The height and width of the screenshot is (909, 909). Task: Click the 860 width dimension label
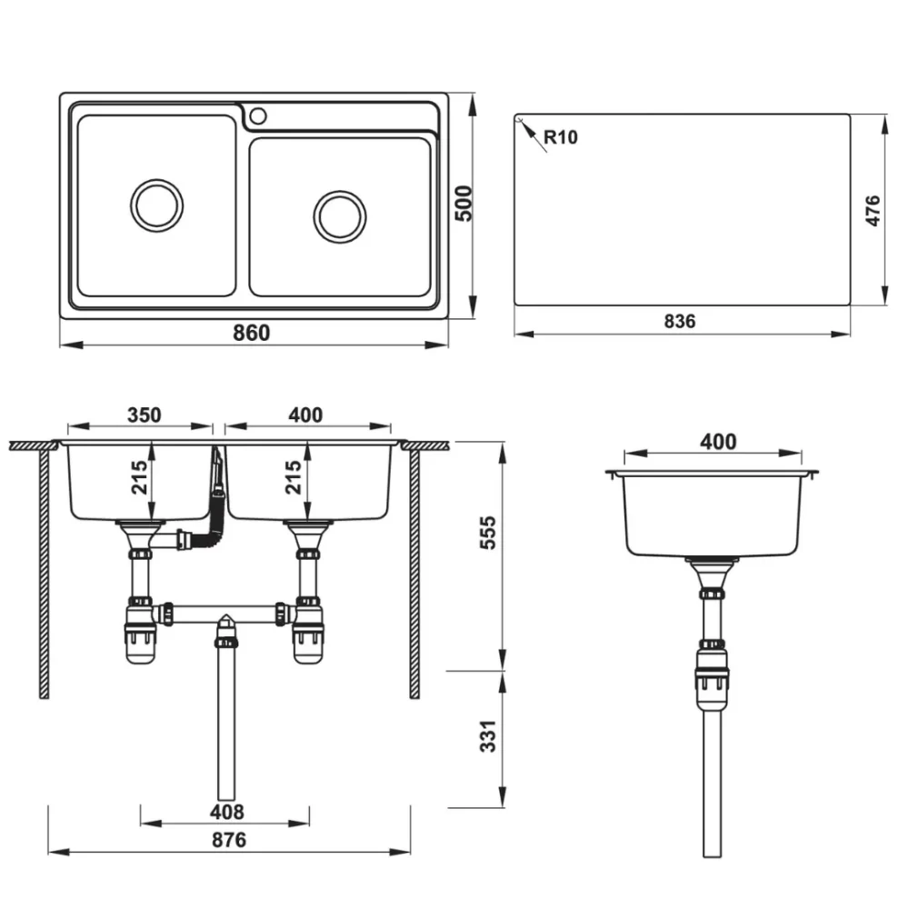(251, 333)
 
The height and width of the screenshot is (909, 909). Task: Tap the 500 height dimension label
(464, 204)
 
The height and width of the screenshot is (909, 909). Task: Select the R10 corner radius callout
(561, 137)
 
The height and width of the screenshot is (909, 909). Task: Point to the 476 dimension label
(872, 211)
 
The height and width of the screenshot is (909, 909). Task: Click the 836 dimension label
(679, 321)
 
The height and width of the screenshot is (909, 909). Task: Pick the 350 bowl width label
(145, 415)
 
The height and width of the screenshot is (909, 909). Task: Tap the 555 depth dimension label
(487, 532)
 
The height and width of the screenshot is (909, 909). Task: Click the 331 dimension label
(487, 735)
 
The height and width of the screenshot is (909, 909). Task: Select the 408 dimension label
(226, 812)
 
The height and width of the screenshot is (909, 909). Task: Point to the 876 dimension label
(228, 840)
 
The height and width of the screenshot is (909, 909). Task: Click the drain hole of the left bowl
(156, 205)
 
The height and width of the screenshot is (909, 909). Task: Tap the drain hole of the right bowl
(340, 217)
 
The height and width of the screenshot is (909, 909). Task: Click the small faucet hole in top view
(258, 116)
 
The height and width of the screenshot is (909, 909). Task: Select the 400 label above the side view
(718, 442)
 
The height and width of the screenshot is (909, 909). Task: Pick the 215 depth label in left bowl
(139, 477)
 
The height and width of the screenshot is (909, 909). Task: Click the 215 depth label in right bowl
(294, 477)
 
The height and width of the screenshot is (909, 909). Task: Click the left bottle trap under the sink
(140, 631)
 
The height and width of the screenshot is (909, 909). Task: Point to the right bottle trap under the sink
(308, 631)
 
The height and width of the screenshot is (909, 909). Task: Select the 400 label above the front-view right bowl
(305, 415)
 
